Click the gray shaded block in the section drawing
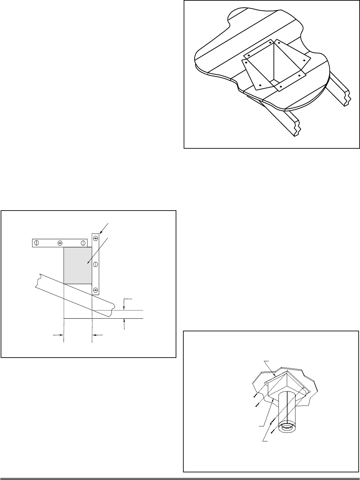click(x=78, y=265)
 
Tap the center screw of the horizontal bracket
click(x=60, y=243)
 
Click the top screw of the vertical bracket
click(x=95, y=239)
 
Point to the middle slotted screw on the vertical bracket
click(x=95, y=264)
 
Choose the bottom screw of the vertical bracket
click(x=95, y=289)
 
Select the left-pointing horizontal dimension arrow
click(x=94, y=335)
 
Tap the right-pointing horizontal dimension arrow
click(x=61, y=335)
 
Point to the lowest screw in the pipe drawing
click(x=272, y=432)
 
